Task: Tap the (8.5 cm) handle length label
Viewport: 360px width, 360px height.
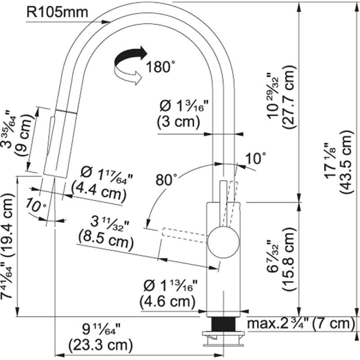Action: coord(105,243)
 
